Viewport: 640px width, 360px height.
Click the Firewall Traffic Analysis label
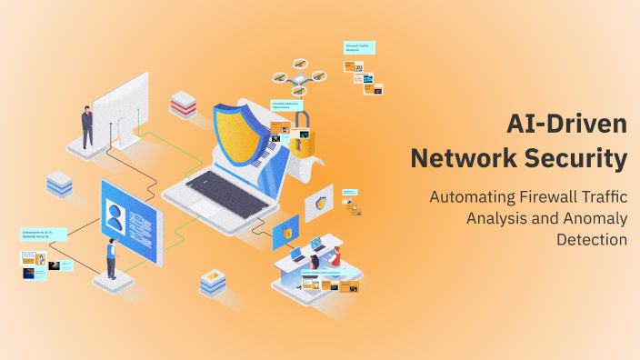coord(359,48)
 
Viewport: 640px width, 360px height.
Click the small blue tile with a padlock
coord(285,234)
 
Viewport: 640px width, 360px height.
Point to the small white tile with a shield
coord(319,204)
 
